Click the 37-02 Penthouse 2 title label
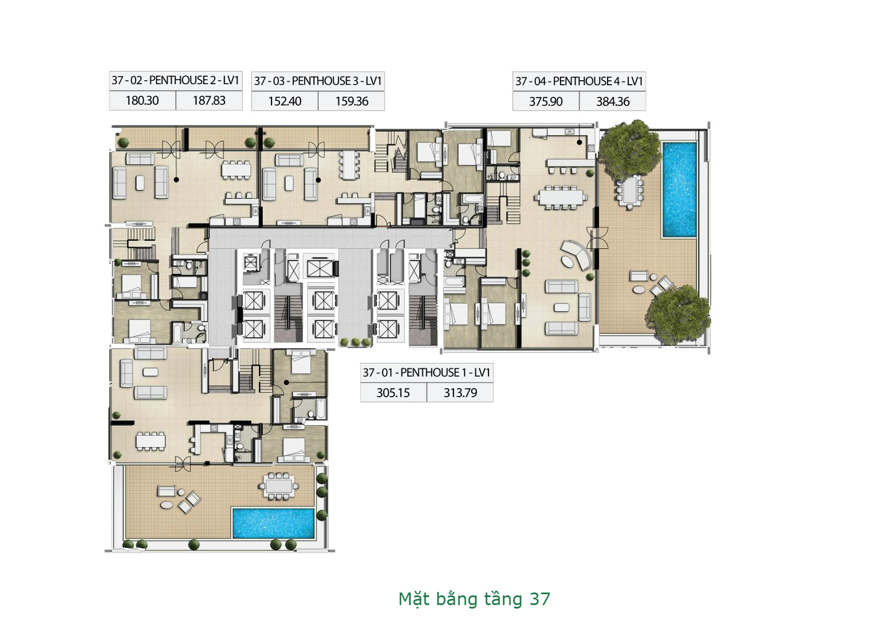[x=175, y=80]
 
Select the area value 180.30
[x=142, y=101]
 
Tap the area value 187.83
[x=209, y=101]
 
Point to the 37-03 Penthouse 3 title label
[x=318, y=81]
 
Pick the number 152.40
[x=285, y=101]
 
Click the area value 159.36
[x=352, y=101]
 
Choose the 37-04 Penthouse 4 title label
[x=579, y=81]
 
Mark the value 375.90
[x=546, y=102]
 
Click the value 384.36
[x=613, y=102]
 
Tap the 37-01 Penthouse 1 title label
[x=427, y=373]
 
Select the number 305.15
[x=393, y=393]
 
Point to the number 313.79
[x=460, y=393]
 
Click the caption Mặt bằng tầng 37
[x=474, y=599]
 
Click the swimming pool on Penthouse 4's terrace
[x=680, y=189]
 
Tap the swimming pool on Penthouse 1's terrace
[x=273, y=523]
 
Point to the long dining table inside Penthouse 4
[x=560, y=198]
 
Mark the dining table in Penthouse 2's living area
[x=236, y=169]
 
